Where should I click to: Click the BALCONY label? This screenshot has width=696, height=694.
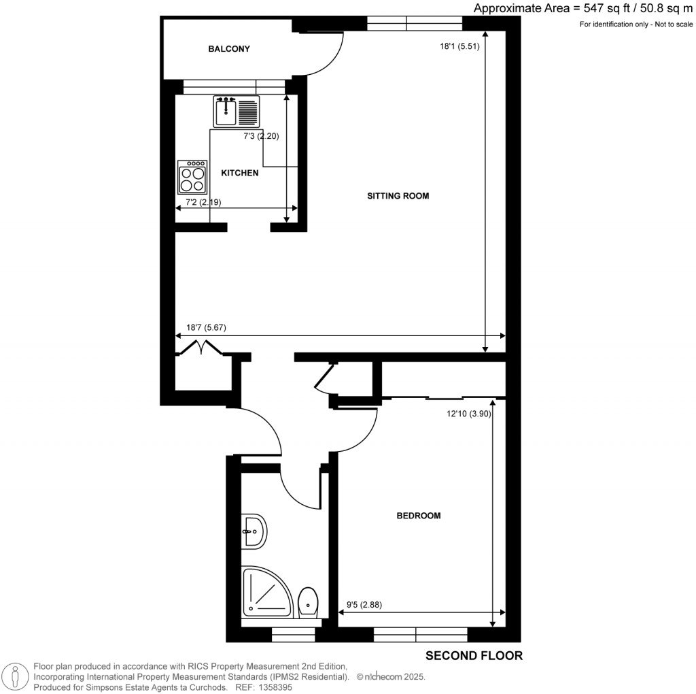[x=229, y=49]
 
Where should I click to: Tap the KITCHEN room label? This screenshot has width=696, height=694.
[x=240, y=173]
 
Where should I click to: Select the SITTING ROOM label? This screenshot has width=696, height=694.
[x=398, y=196]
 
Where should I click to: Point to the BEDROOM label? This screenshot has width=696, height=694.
[x=419, y=516]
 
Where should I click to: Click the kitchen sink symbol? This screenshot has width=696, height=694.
[x=236, y=112]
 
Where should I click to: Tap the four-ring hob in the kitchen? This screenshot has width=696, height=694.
[x=192, y=178]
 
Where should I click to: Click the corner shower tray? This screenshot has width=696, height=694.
[x=266, y=591]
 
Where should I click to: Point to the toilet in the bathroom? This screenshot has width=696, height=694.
[x=308, y=602]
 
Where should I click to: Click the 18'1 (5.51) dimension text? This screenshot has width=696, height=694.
[x=459, y=46]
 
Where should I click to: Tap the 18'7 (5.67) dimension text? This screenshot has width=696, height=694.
[x=206, y=328]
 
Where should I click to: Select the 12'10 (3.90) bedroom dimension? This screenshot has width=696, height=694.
[x=469, y=414]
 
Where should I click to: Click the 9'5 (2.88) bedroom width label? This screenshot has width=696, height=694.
[x=364, y=605]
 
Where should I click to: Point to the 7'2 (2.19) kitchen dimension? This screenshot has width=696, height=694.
[x=203, y=203]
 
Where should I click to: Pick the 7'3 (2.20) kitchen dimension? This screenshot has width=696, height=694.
[x=261, y=136]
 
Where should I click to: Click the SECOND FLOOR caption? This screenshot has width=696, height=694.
[x=474, y=656]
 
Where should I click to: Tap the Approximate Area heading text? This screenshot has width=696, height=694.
[x=582, y=8]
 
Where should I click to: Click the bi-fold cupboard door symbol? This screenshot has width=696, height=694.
[x=201, y=347]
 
